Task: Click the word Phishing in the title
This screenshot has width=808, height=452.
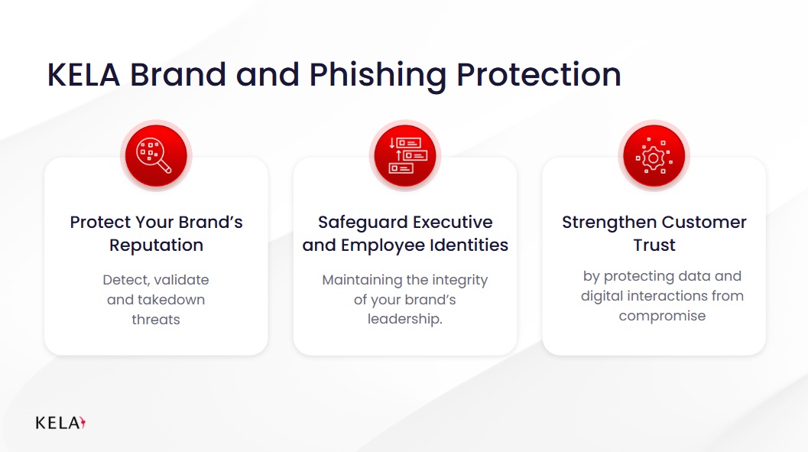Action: coord(378,75)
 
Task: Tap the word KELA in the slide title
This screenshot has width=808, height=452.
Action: coord(83,75)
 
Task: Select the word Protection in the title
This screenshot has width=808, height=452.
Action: coord(538,75)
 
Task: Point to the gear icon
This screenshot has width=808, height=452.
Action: coord(654,156)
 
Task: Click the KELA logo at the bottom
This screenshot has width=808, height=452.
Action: coord(60,423)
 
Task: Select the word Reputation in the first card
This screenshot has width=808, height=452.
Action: coord(156,246)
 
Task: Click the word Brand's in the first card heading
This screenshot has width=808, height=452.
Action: coord(211,222)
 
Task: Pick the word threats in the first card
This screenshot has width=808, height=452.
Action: coord(156,320)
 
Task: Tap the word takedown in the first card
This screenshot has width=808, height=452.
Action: coord(171,300)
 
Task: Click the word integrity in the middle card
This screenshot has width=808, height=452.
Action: coord(459,281)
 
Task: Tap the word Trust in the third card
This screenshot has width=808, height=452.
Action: coord(654,246)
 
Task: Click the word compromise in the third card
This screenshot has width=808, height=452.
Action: coord(662,316)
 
